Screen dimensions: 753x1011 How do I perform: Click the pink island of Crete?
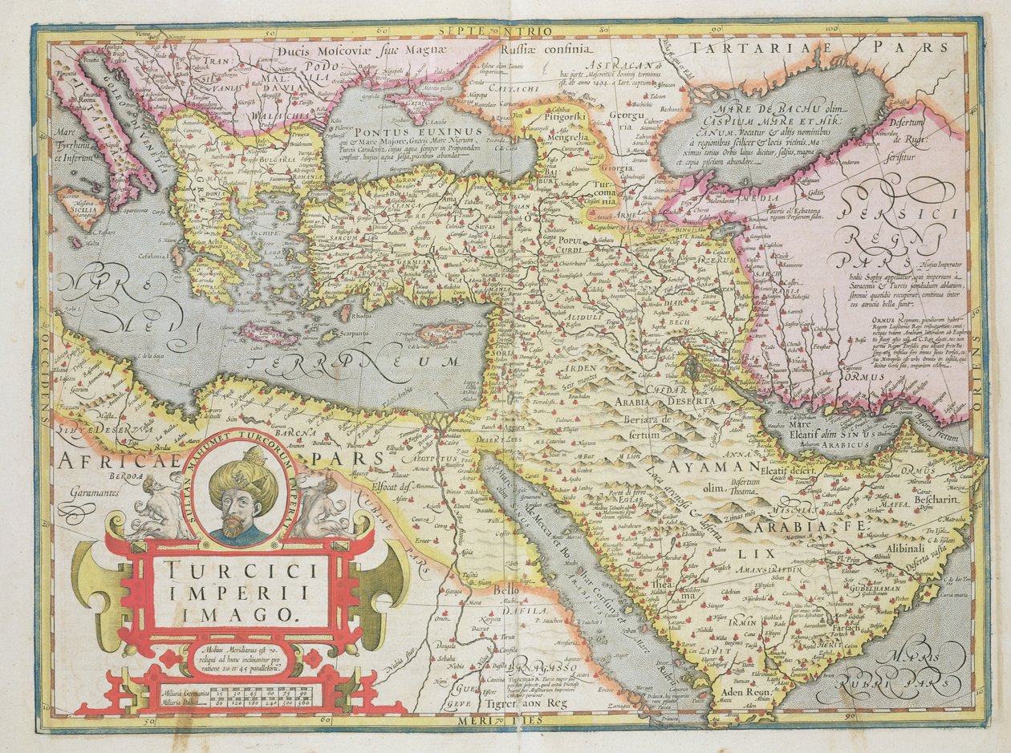[x=270, y=333]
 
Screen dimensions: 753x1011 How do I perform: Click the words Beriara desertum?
[x=648, y=424]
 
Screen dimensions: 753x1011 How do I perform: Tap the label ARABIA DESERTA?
[x=665, y=399]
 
